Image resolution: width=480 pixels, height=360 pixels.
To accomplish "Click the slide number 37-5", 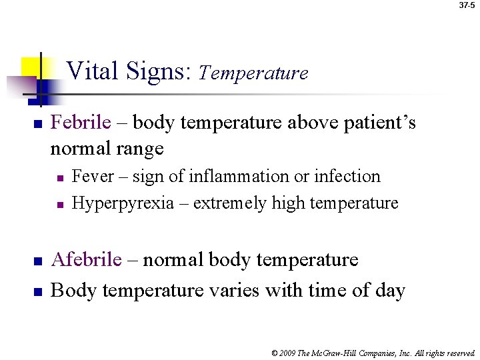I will [x=468, y=5].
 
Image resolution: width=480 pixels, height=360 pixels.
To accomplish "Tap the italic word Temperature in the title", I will [x=253, y=73].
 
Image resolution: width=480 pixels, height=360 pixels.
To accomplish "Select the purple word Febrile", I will [x=81, y=123].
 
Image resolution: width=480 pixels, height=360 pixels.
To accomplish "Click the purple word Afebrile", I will [x=87, y=260].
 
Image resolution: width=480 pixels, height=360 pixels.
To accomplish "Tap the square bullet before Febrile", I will [x=38, y=124].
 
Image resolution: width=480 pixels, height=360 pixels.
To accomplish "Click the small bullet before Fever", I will [x=59, y=178].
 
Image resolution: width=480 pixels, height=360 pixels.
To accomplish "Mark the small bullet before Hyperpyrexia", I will [x=59, y=204].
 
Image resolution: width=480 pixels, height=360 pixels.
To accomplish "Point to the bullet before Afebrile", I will [x=38, y=261].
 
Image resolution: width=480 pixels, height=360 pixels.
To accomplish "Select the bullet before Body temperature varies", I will [x=38, y=291].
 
